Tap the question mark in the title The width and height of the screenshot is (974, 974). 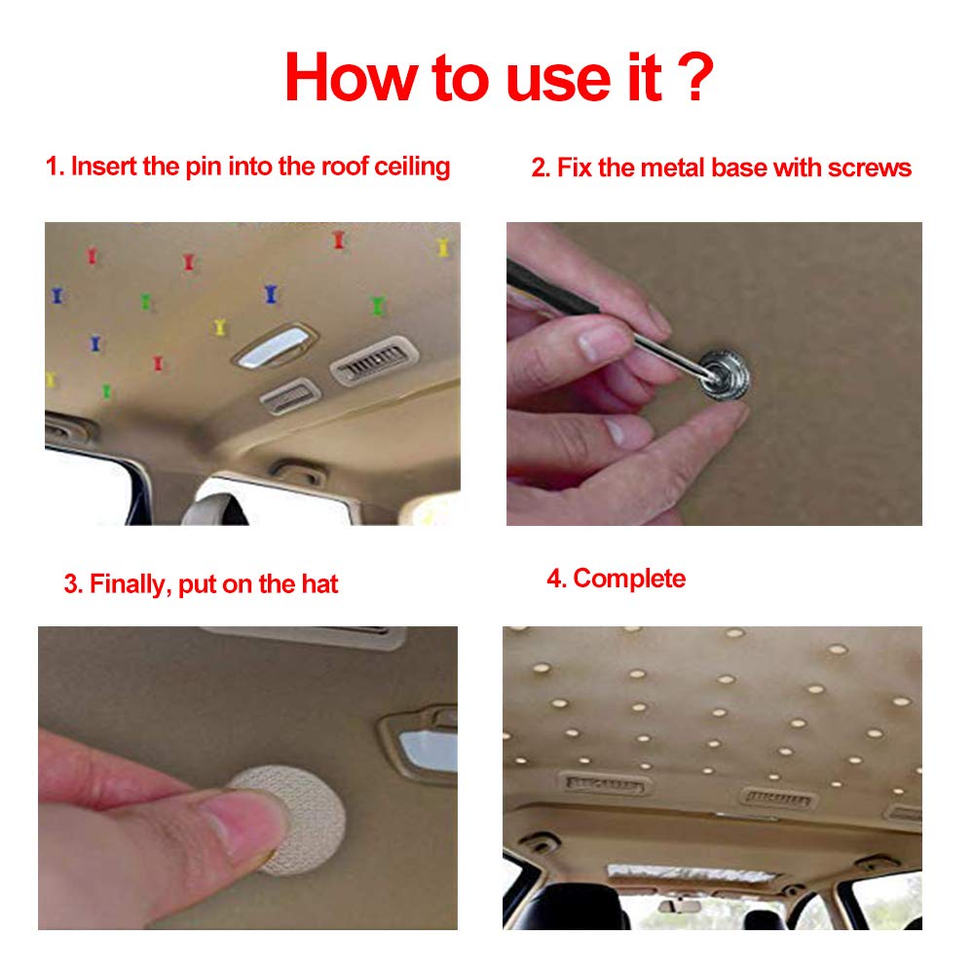tap(693, 78)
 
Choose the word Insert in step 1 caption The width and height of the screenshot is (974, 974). tap(105, 166)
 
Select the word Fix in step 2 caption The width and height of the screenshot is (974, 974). tap(575, 168)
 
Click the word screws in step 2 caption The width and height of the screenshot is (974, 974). tap(869, 168)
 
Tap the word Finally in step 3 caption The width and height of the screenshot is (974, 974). tap(130, 584)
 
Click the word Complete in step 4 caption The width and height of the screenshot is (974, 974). tap(628, 579)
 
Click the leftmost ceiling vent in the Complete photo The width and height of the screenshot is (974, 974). tap(604, 782)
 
